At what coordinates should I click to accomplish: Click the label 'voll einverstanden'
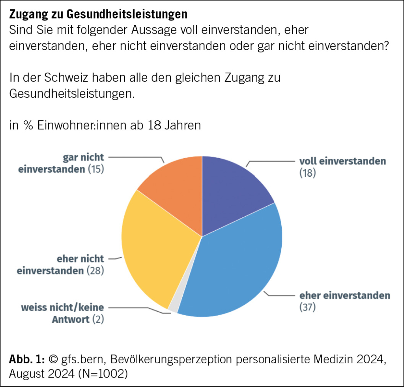[x=342, y=161]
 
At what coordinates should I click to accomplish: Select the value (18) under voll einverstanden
[x=308, y=173]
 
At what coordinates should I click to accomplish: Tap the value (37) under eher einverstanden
[x=308, y=307]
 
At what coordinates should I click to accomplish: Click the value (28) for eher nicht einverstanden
[x=95, y=271]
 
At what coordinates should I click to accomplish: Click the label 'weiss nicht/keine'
[x=63, y=307]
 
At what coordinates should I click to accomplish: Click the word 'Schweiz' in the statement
[x=68, y=78]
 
